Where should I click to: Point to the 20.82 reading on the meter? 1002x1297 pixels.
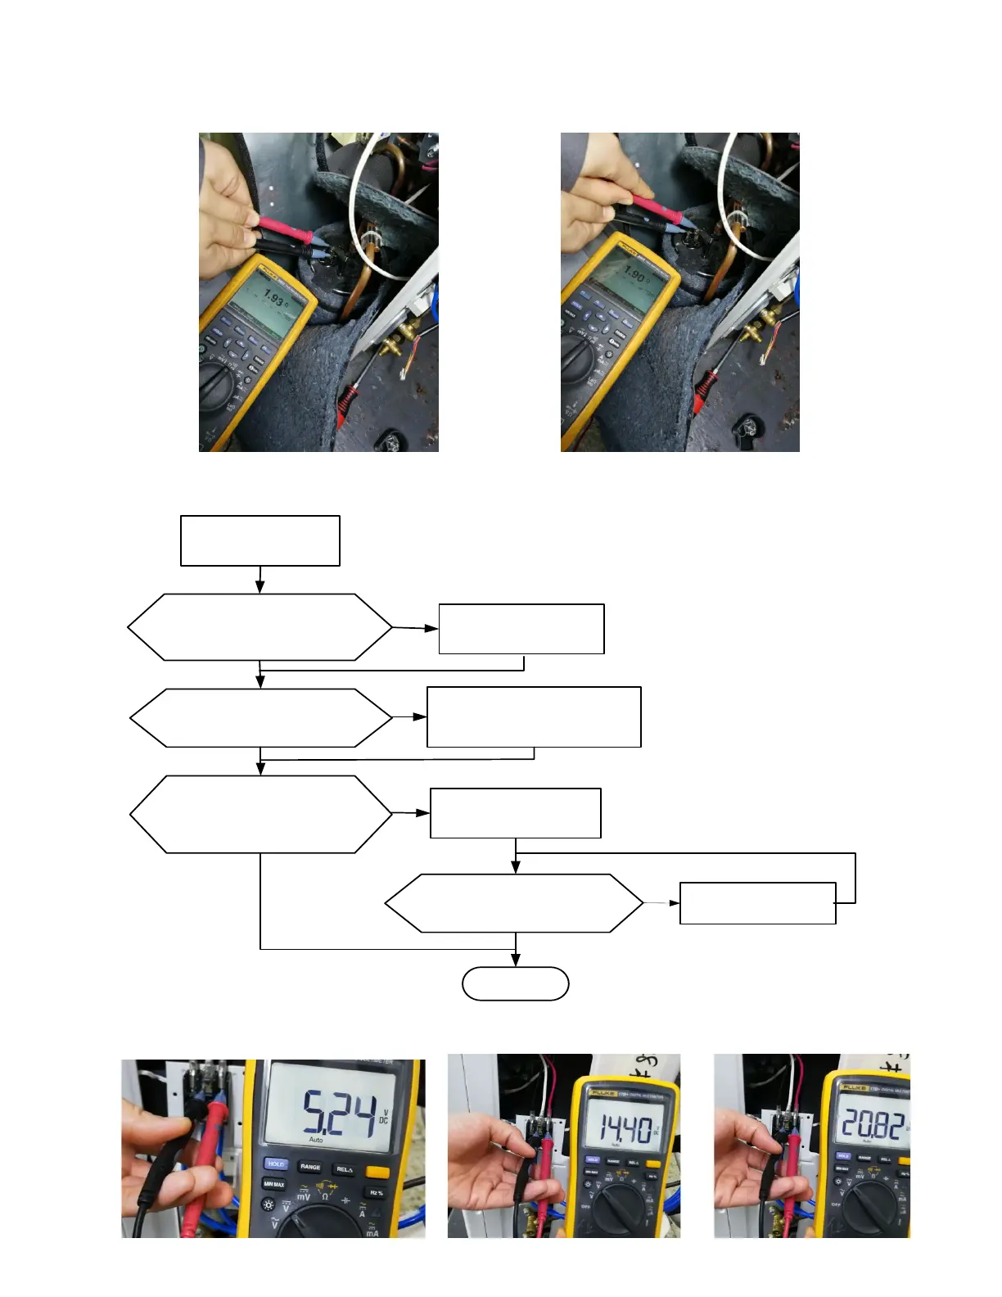(873, 1126)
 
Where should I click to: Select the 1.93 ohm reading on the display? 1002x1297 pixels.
(273, 301)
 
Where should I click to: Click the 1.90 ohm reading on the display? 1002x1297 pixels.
(636, 274)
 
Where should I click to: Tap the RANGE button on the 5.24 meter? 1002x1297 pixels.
(310, 1166)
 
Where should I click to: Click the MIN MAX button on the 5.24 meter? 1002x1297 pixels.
(274, 1184)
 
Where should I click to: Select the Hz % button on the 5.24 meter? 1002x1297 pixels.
(377, 1193)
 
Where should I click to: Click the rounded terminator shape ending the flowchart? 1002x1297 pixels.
(516, 983)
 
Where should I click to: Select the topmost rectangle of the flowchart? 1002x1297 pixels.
(260, 540)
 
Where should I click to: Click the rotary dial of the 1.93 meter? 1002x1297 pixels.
(220, 387)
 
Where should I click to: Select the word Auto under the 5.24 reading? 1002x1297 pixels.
(316, 1140)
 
